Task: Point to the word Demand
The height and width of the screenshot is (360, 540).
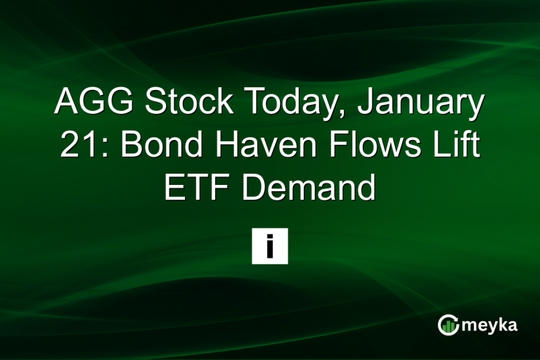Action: (x=311, y=189)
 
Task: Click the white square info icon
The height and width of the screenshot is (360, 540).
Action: (x=270, y=246)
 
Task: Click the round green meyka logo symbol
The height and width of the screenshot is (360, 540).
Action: (x=447, y=325)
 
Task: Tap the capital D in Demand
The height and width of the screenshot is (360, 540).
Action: (x=258, y=189)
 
